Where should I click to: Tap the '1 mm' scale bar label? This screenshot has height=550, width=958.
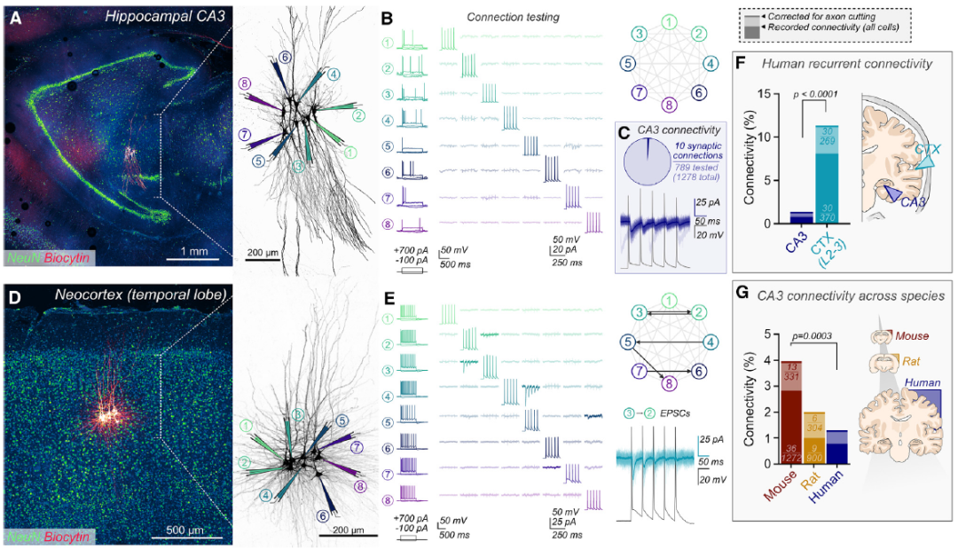point(187,252)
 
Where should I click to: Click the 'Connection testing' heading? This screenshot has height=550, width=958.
point(514,16)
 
